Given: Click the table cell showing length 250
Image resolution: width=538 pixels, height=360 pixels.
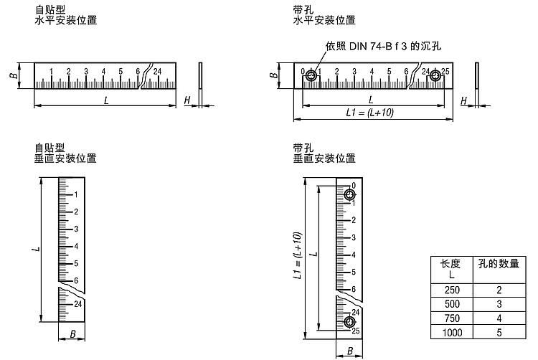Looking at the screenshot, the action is coord(452,290).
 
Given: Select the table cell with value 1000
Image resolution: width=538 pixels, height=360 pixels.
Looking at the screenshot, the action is coord(452,332).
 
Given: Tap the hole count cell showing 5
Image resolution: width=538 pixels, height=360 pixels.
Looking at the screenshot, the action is coord(499,332).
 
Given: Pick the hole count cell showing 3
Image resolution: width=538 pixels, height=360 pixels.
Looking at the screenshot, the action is coord(499,304).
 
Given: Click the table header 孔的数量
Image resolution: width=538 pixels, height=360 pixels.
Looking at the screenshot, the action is coord(499,264).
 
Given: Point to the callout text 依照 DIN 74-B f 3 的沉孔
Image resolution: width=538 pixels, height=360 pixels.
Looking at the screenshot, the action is coord(383,46).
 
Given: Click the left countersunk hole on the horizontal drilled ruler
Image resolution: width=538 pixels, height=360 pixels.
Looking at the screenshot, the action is coord(311,76).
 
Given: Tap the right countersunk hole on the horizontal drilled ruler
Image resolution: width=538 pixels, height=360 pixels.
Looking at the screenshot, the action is coord(435,76).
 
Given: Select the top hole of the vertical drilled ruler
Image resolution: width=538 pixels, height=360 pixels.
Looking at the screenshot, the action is coord(349,195).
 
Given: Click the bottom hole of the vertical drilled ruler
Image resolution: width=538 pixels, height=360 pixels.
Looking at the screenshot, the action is coord(349,322).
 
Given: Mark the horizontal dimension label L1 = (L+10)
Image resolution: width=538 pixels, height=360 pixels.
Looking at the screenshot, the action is coord(370,113).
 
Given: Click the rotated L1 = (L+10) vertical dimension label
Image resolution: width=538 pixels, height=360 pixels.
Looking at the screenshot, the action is coord(298,256).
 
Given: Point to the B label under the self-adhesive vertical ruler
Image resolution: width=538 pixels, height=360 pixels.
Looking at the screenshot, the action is coord(72,334).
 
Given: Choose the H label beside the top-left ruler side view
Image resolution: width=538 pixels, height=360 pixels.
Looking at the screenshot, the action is coord(187,100).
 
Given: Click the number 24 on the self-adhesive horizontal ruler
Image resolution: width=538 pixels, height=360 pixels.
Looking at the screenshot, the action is coord(157,71).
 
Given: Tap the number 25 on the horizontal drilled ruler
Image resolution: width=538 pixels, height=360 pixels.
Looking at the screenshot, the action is coord(445,71).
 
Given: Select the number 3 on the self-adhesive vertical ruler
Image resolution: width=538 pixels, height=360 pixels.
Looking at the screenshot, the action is coord(76,229).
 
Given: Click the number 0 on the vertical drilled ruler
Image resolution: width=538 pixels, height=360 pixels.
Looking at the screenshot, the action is coord(354,186).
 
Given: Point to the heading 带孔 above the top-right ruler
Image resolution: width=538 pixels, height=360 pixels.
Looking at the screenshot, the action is coord(303,9).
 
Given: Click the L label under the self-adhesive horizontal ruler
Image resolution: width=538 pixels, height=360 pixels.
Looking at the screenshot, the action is coord(106,100).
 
